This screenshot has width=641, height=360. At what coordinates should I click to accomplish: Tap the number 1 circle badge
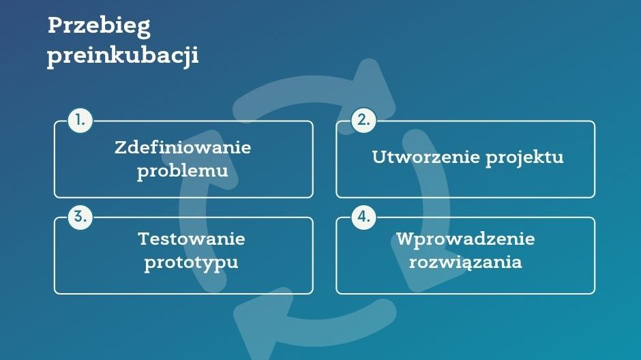coord(80,121)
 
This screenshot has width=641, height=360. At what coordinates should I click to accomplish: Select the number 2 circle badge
coord(363,121)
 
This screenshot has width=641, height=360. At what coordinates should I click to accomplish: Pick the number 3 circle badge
coord(80,217)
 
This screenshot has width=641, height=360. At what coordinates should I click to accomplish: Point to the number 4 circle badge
coord(363,217)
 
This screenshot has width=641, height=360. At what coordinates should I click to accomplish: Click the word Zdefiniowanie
coord(183,147)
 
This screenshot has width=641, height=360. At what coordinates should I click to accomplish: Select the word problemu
coord(183,172)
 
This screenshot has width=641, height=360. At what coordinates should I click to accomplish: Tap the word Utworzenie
coord(426,157)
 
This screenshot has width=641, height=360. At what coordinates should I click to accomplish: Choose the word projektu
coord(525,158)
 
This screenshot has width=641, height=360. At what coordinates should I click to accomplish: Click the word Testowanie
coord(192,239)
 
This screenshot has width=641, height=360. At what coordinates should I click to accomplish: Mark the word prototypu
coord(192,263)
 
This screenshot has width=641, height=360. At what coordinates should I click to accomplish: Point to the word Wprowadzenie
coord(466,239)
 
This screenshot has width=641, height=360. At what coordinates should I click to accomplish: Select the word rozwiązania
coord(466,262)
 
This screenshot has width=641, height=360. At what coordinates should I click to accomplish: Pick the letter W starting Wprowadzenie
coord(406,239)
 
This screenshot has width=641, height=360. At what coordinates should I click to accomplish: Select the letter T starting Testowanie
coord(145,239)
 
